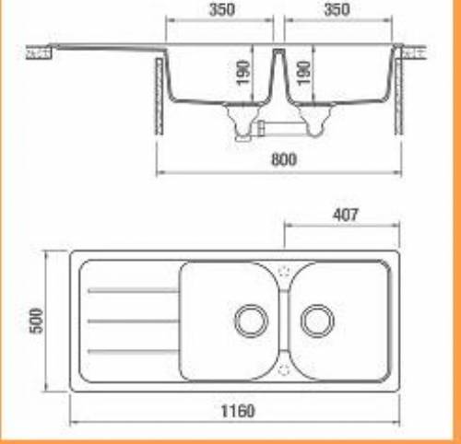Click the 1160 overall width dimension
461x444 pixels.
click(239, 411)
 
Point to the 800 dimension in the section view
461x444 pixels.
click(284, 159)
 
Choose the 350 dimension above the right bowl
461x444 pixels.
click(337, 11)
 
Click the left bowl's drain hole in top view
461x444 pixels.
click(249, 320)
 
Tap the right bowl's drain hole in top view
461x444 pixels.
click(317, 320)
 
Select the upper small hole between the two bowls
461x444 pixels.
click(283, 272)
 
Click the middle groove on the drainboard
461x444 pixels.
click(133, 321)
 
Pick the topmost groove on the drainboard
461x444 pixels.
click(133, 290)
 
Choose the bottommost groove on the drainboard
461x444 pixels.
click(133, 351)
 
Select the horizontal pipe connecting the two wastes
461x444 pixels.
click(274, 123)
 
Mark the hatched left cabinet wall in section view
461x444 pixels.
click(161, 92)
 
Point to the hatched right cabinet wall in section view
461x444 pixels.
click(399, 92)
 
